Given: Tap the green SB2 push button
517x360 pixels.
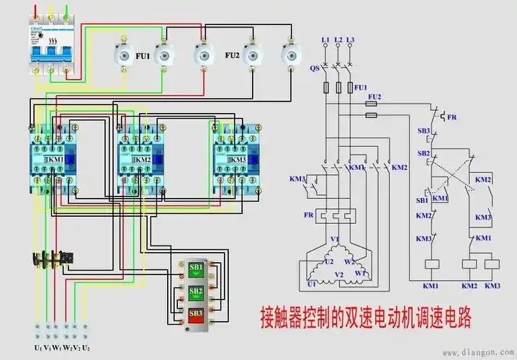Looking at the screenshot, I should [x=196, y=292].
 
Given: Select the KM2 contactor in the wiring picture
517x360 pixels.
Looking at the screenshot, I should [x=143, y=159].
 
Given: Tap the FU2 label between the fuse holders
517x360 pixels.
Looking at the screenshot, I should [x=232, y=54].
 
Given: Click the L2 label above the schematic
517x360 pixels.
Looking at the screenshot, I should [x=337, y=38].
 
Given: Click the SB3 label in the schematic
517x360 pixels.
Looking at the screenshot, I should [x=425, y=131].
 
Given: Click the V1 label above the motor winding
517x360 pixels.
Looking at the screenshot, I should [x=334, y=239].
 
